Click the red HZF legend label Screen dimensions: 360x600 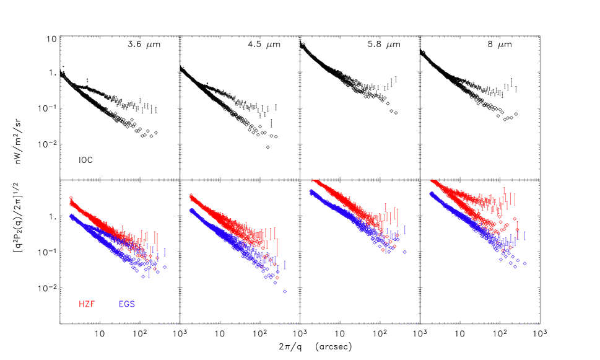[x=87, y=304]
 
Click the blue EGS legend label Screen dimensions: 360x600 [x=126, y=304]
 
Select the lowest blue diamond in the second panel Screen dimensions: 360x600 [x=284, y=291]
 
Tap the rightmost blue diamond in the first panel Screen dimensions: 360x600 [x=165, y=267]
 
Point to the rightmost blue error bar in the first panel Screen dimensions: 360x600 [x=165, y=252]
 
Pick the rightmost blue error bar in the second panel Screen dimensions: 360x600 [x=284, y=265]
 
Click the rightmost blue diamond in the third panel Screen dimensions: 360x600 [x=404, y=252]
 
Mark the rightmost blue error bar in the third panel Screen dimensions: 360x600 [x=405, y=230]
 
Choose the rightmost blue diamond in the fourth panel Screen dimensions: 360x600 [x=524, y=263]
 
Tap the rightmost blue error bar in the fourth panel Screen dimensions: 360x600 [x=524, y=236]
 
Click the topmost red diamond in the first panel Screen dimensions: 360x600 [x=71, y=198]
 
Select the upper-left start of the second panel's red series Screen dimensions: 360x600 [x=191, y=196]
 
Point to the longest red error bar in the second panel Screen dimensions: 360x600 [x=277, y=247]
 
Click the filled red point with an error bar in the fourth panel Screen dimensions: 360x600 [x=517, y=229]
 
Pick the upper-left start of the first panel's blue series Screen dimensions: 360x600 [x=71, y=216]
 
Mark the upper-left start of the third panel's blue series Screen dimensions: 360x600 [x=311, y=191]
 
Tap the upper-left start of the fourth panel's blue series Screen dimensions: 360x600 [x=430, y=193]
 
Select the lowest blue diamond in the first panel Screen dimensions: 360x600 [x=143, y=276]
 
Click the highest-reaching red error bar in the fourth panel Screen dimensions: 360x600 [x=504, y=193]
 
